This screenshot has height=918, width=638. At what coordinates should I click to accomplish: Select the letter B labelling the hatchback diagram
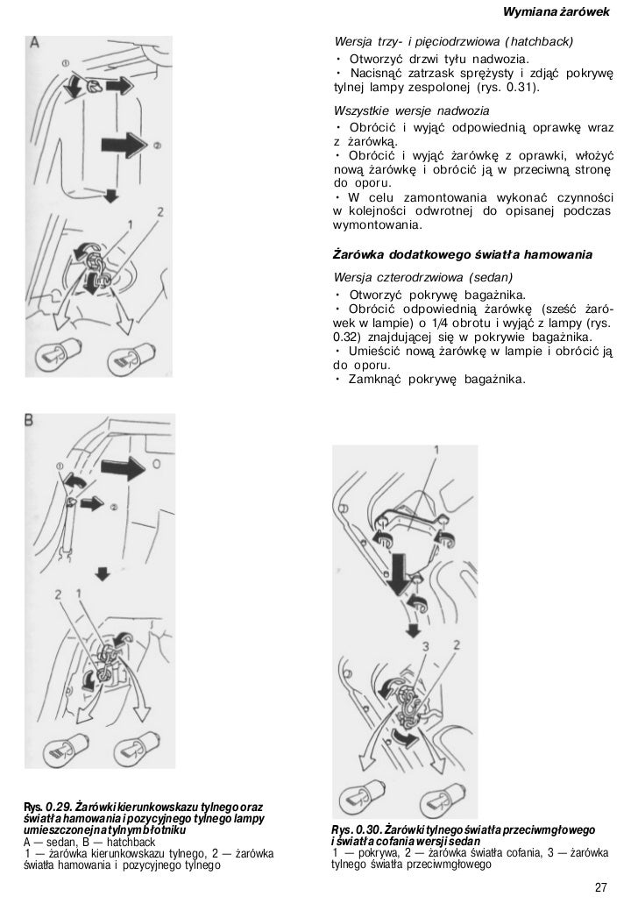(30, 422)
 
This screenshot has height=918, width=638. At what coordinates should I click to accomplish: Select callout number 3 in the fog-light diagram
(423, 647)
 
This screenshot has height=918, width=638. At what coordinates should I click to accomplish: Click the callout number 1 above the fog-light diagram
(436, 451)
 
